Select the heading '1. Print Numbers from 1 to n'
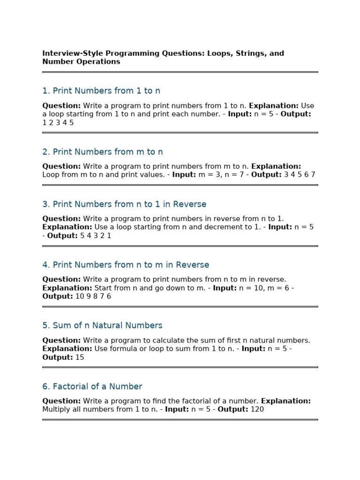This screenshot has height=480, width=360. [x=101, y=91]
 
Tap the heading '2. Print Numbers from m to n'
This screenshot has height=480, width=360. [x=103, y=152]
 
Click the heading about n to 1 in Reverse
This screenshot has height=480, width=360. [x=124, y=204]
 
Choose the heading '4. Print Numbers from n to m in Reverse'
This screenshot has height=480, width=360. [x=126, y=265]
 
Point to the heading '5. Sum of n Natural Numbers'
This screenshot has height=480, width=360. [x=102, y=325]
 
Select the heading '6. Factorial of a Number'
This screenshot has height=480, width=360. [x=92, y=387]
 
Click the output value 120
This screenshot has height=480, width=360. [x=257, y=410]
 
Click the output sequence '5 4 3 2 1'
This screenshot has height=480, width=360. [x=96, y=236]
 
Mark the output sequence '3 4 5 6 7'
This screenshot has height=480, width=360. [x=300, y=175]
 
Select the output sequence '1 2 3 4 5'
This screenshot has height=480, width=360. [x=58, y=123]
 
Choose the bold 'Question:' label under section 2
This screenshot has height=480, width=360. [x=61, y=166]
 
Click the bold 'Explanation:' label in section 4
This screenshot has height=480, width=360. [x=67, y=288]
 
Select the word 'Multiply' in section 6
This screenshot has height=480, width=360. [x=57, y=410]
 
